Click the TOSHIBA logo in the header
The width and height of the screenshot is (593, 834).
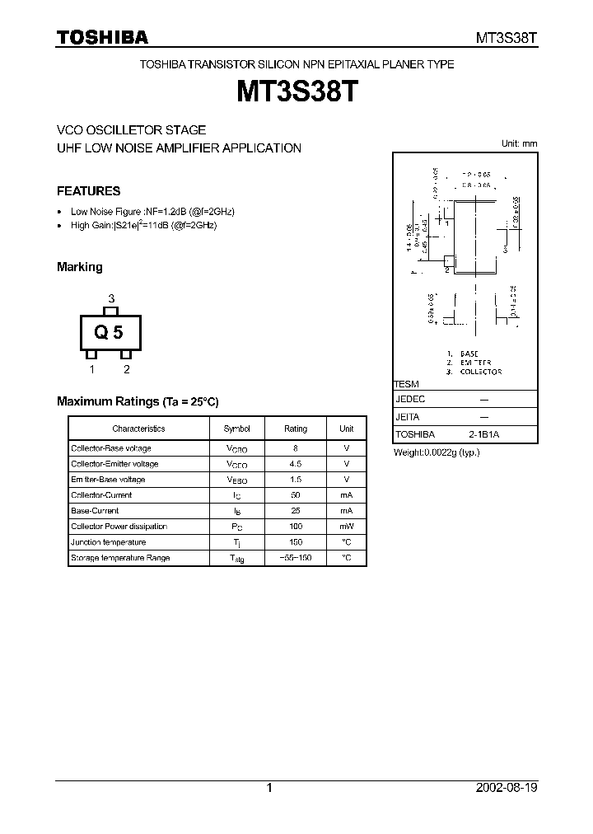(102, 37)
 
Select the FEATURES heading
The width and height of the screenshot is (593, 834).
(88, 191)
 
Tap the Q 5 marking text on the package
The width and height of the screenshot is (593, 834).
(109, 333)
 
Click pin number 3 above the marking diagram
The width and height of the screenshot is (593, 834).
(111, 298)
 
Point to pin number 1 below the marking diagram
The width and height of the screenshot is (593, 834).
(92, 369)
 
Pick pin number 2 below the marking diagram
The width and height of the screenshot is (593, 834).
(127, 369)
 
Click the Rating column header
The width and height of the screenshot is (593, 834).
(296, 429)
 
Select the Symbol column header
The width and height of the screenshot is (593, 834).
(236, 429)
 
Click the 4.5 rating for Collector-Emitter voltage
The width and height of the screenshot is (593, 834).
(296, 464)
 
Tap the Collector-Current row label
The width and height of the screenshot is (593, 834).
(101, 495)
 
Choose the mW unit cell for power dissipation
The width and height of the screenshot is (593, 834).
(346, 527)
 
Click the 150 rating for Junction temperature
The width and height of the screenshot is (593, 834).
(296, 542)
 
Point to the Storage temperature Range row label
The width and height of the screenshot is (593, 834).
(120, 558)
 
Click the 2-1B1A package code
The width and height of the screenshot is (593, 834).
(483, 434)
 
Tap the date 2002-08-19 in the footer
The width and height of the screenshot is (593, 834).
(507, 788)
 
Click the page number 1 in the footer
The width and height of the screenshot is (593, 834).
(269, 788)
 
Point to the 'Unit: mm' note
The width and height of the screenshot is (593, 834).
(519, 143)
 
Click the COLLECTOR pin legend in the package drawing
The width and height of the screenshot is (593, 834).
(481, 372)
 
